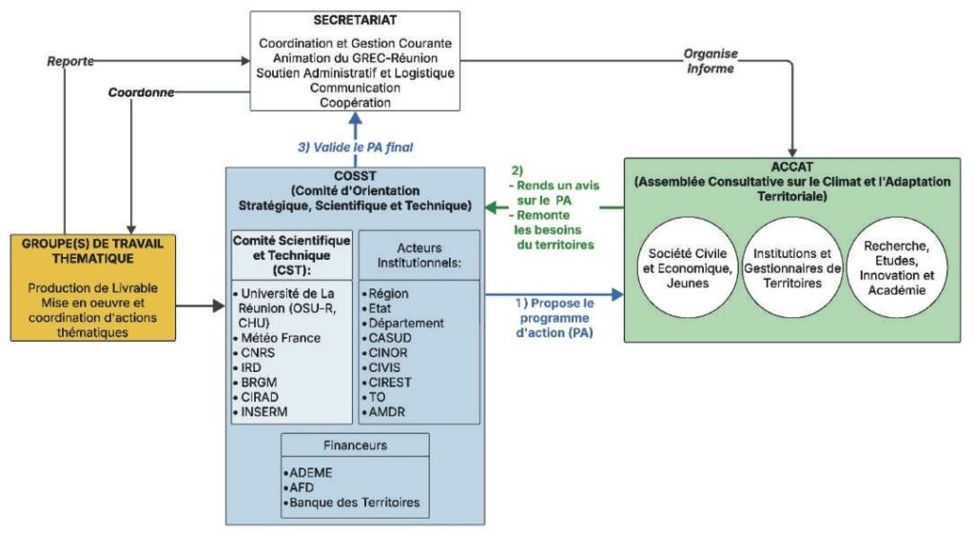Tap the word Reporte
pos(70,61)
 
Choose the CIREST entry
pos(395,382)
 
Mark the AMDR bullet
pos(391,411)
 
